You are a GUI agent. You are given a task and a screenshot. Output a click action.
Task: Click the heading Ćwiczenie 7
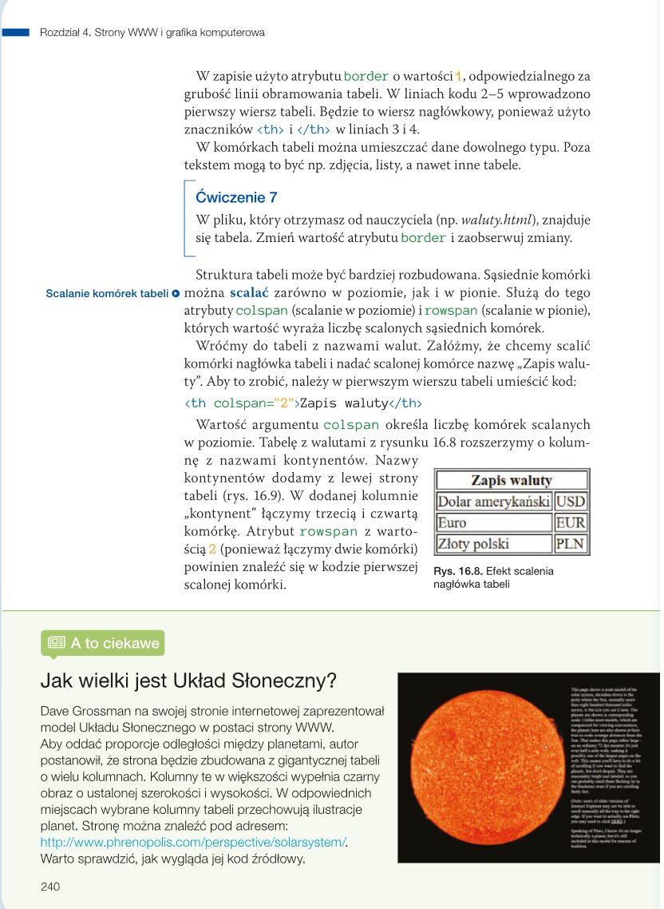(x=236, y=197)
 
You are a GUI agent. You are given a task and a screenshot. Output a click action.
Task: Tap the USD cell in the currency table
(x=570, y=502)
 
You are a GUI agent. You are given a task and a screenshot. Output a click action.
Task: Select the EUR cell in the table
(x=570, y=523)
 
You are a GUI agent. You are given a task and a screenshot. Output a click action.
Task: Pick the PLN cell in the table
(x=570, y=545)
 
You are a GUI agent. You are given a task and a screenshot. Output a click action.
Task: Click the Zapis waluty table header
(x=511, y=480)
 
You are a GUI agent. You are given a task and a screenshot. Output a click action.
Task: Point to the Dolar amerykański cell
(x=493, y=502)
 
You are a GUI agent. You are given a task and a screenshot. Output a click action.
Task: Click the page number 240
(x=50, y=887)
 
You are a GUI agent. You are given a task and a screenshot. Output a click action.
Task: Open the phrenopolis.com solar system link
(x=194, y=842)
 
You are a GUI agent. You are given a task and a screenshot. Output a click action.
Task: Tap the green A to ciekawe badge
(x=103, y=642)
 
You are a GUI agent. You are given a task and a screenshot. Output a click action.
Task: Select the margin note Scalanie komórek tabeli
(x=107, y=293)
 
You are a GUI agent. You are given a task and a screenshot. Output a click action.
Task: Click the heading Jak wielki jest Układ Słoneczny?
(x=188, y=681)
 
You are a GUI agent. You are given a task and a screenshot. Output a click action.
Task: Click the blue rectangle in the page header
(x=15, y=33)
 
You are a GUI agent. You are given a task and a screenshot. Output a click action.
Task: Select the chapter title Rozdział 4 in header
(x=152, y=33)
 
